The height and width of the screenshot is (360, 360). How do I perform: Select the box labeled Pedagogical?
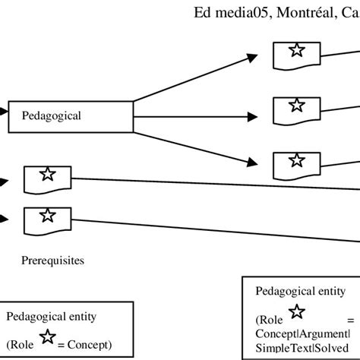point(73,116)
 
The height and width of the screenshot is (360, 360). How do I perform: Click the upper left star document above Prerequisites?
point(47,175)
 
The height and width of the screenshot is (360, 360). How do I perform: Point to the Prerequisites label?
point(53,261)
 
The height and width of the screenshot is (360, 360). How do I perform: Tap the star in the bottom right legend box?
point(297,311)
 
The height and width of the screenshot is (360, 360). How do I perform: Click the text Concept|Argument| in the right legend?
point(302,333)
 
